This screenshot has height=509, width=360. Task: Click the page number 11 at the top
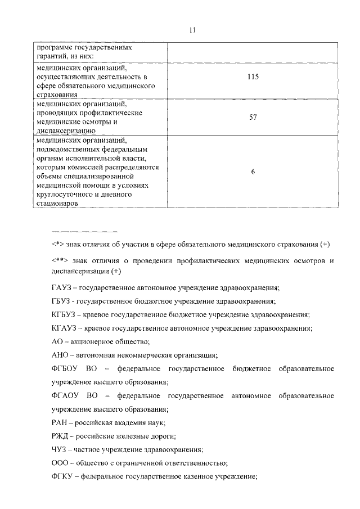[192, 30]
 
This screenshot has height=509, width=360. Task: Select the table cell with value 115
[253, 77]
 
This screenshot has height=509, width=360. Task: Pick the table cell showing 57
[253, 117]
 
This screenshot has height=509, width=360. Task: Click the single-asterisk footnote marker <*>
[57, 246]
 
